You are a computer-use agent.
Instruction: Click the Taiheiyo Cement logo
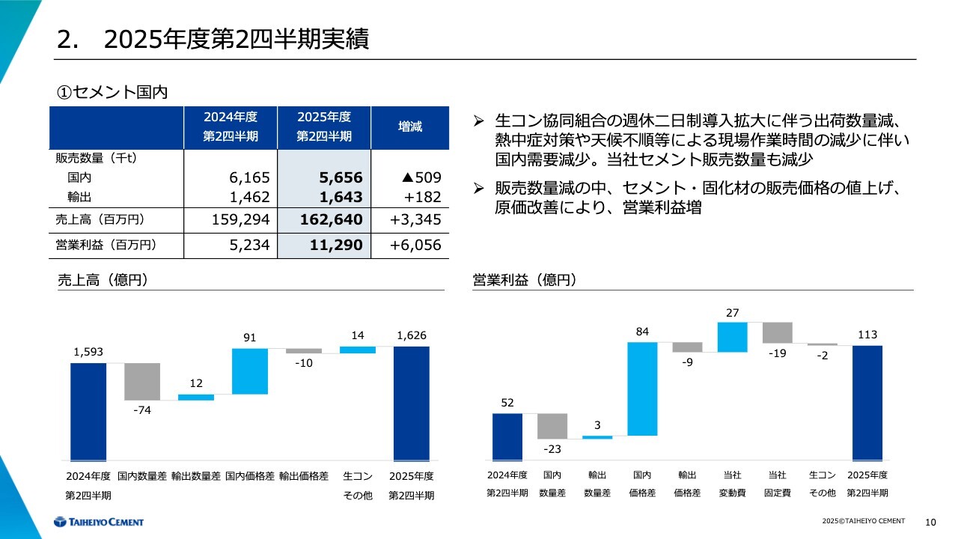(x=98, y=522)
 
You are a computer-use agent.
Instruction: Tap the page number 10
(x=931, y=522)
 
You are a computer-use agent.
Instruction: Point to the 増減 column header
(x=409, y=127)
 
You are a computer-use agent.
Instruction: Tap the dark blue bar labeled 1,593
(x=88, y=412)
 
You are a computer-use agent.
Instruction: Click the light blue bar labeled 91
(x=250, y=371)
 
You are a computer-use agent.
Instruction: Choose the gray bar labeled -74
(x=142, y=382)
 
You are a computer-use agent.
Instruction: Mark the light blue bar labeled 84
(x=642, y=389)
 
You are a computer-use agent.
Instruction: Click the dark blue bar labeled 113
(x=867, y=403)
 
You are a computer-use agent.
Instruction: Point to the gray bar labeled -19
(x=777, y=332)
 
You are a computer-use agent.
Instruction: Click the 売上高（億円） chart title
(x=102, y=281)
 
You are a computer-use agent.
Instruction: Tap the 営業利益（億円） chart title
(x=524, y=281)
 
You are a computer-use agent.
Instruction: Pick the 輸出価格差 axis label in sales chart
(x=304, y=476)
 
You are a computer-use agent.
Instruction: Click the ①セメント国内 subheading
(x=112, y=93)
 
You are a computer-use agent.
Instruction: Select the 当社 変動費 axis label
(x=732, y=484)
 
